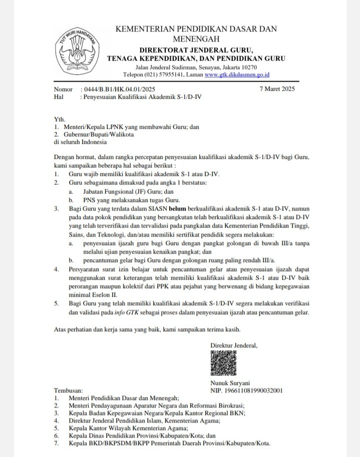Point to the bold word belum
click(178, 207)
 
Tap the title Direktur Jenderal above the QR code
click(234, 345)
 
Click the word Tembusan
click(69, 390)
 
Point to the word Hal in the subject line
click(58, 96)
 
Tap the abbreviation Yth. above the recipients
click(59, 120)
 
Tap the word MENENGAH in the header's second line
click(196, 38)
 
